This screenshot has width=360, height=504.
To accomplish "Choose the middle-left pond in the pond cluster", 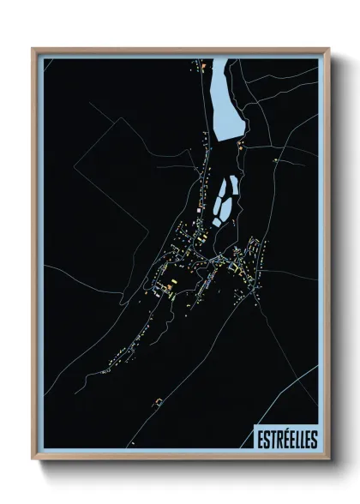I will click(217, 206).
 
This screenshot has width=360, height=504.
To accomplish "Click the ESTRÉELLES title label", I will click(286, 439).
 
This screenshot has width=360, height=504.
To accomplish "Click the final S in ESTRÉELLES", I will click(313, 439).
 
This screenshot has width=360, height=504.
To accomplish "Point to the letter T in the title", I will click(270, 439).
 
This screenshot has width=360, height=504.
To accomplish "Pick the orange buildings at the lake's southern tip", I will click(242, 146).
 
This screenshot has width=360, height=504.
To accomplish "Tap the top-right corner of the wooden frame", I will click(328, 50).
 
